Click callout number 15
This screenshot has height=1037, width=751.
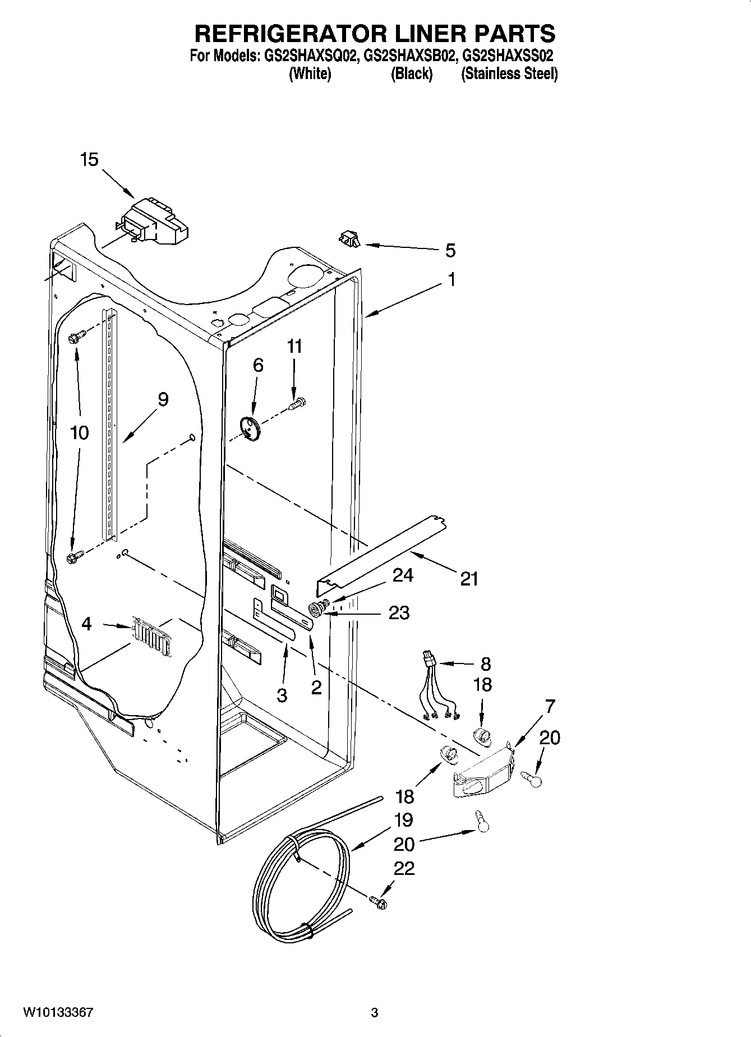click(89, 160)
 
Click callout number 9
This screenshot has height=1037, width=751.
click(163, 399)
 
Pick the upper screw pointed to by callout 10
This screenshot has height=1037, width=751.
click(75, 338)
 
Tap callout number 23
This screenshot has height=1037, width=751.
click(399, 613)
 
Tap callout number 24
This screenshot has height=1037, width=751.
click(403, 575)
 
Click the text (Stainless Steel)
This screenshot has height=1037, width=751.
click(509, 73)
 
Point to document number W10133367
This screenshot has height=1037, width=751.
click(58, 1012)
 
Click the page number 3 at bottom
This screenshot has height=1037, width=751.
click(374, 1012)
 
